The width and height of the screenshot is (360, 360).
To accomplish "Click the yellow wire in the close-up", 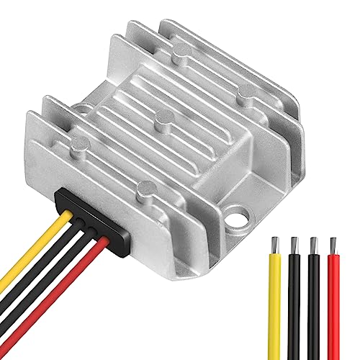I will [x=275, y=302].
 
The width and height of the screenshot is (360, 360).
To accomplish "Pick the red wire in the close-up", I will [x=335, y=302].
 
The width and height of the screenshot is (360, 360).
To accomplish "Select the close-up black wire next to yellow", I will [x=294, y=302].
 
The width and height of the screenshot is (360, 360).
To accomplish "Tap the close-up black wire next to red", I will [x=315, y=302].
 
